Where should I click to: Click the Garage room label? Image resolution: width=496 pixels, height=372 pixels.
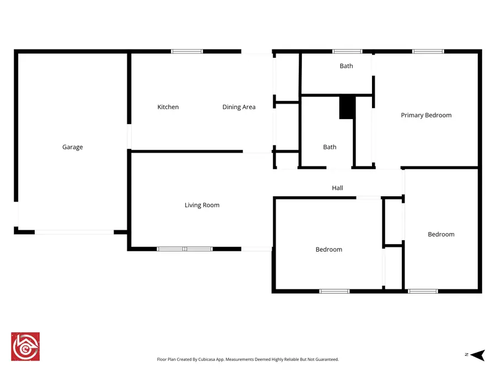click(x=72, y=147)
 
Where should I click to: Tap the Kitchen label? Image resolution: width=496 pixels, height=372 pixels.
click(x=168, y=107)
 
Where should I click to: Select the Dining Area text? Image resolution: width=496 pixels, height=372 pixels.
click(x=239, y=107)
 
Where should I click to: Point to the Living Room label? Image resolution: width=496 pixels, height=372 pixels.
click(x=202, y=205)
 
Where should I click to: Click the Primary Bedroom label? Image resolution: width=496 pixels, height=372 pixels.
click(x=426, y=115)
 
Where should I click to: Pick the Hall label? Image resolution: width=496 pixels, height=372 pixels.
click(x=337, y=188)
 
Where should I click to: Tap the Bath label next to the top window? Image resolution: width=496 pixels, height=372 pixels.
click(x=346, y=66)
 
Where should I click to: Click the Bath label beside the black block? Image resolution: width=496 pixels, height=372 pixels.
click(x=330, y=147)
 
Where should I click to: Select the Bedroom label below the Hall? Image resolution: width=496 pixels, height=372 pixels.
click(x=328, y=250)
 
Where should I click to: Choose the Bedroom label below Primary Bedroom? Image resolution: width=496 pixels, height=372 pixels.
click(x=441, y=234)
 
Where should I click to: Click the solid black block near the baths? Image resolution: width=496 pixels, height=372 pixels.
click(x=347, y=107)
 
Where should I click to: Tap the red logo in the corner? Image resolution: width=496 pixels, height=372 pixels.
click(x=25, y=347)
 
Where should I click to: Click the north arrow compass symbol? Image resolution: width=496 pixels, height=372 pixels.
click(x=478, y=355)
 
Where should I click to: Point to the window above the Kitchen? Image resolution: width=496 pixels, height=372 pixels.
click(x=187, y=51)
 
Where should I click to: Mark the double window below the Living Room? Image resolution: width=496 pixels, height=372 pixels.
click(x=185, y=249)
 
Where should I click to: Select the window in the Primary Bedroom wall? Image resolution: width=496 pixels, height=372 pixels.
click(x=428, y=51)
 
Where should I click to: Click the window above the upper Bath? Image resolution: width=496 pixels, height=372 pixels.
click(x=347, y=51)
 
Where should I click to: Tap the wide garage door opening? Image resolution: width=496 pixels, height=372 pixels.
click(x=74, y=232)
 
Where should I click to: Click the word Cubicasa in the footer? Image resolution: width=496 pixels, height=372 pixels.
click(x=207, y=359)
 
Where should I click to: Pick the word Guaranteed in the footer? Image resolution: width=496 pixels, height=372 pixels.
click(x=327, y=359)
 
